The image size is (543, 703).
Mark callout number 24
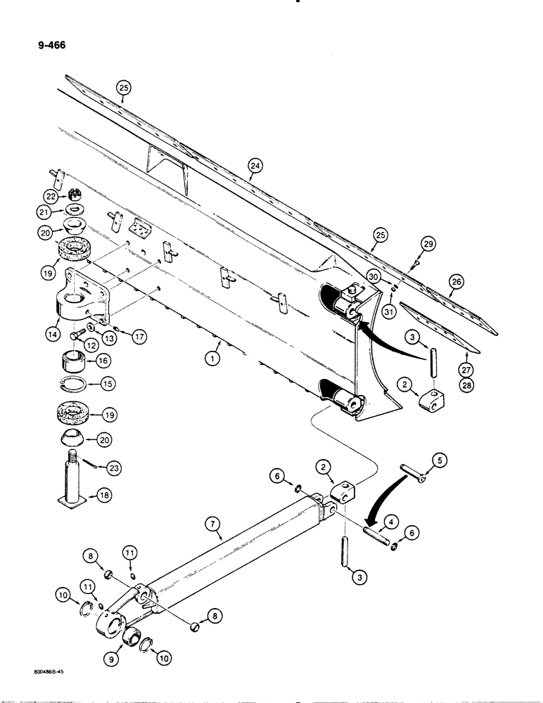tap(255, 166)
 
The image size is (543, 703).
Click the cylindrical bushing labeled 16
tap(72, 362)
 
